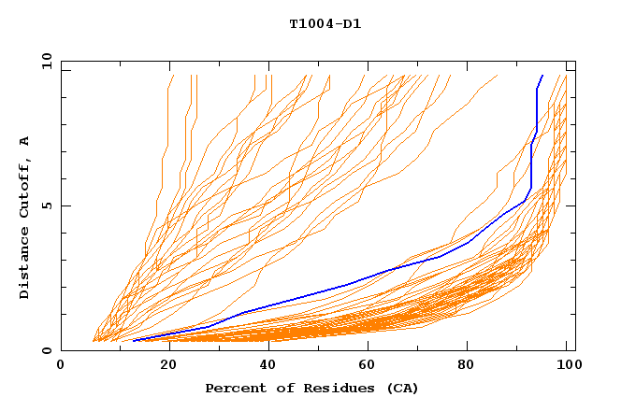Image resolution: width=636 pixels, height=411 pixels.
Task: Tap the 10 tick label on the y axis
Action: [x=45, y=61]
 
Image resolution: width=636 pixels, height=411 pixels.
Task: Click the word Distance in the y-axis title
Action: [x=25, y=265]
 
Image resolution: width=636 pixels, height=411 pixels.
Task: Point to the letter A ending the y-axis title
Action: [x=25, y=141]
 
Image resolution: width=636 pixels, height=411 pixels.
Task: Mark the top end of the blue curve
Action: [x=542, y=76]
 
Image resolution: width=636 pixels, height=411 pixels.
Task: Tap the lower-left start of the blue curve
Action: [x=133, y=341]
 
